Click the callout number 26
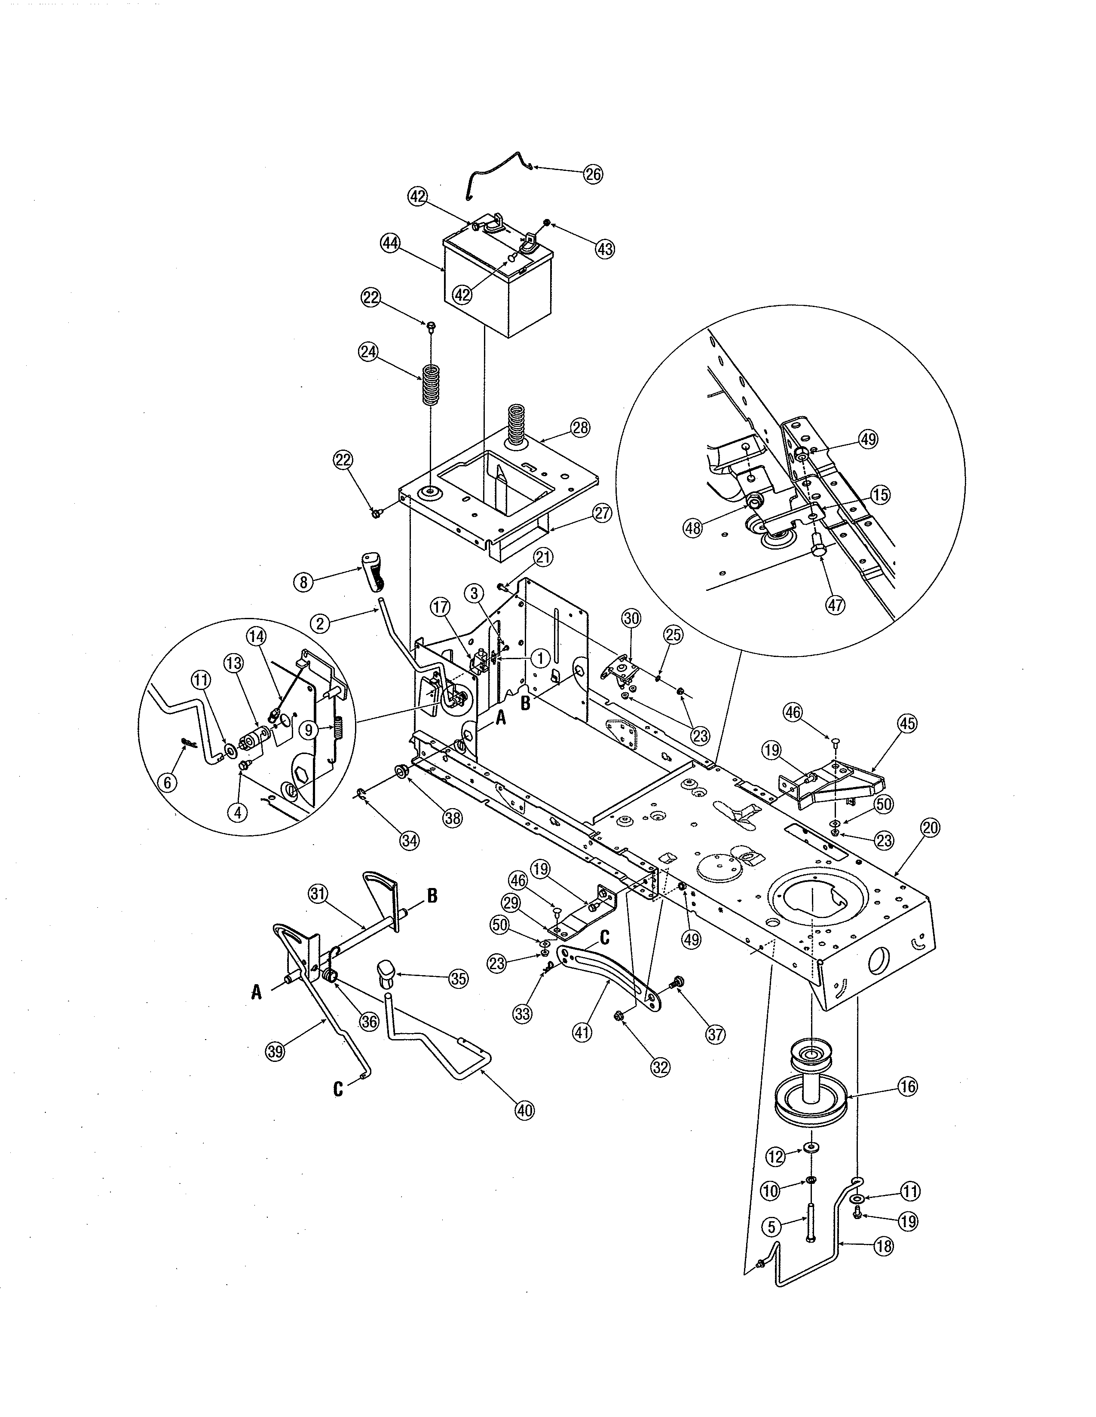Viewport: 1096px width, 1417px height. [x=593, y=174]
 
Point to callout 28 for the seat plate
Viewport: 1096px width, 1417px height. [x=580, y=428]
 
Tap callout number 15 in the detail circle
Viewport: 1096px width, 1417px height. [x=880, y=495]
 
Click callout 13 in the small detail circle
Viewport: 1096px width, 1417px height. [x=233, y=663]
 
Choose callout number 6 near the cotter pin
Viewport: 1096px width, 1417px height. [x=168, y=783]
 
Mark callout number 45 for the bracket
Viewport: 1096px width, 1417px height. [x=907, y=724]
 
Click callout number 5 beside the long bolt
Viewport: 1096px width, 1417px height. [x=771, y=1227]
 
